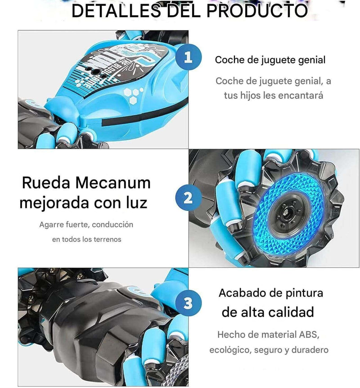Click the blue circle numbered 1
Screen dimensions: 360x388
click(x=189, y=57)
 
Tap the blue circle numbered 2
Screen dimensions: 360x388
click(x=189, y=198)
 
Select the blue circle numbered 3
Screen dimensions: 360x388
click(x=189, y=303)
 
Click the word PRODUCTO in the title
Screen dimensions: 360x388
click(x=257, y=11)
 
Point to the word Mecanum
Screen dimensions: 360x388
click(x=113, y=183)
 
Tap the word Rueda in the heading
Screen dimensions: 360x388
click(x=46, y=183)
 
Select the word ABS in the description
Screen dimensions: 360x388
click(x=308, y=334)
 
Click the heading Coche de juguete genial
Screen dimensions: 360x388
click(x=270, y=60)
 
